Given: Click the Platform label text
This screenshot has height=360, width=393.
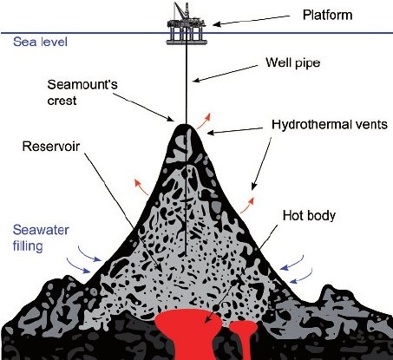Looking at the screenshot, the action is point(327,15).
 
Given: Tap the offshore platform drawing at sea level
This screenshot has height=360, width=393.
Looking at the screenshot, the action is point(187,25).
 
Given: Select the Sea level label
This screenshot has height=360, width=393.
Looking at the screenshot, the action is point(40,42).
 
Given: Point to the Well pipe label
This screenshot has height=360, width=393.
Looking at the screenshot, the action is point(293,62).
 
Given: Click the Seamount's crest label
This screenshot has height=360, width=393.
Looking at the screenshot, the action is point(82,93).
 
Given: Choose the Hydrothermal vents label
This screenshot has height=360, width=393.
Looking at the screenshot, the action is point(330,124).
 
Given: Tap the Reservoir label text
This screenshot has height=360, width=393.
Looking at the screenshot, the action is point(51,147).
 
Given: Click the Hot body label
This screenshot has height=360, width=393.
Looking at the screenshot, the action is point(309,216).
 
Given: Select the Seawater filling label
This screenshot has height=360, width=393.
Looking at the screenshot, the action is point(41,238).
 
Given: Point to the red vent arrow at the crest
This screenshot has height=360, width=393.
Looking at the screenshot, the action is point(203,121).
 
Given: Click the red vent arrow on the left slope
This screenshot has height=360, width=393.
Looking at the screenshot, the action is point(141,187).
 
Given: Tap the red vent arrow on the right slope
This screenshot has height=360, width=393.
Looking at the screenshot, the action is point(247,206).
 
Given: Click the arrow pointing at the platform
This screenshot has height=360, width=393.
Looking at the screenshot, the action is point(251,21).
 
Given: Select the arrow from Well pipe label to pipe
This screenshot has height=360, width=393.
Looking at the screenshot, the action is point(225,74).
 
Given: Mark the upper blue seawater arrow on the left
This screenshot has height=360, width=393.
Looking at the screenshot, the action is point(89,254).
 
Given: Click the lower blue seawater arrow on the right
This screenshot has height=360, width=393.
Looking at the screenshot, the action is point(301,276).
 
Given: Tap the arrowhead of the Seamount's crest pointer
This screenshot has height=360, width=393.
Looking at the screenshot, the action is point(171,119).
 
